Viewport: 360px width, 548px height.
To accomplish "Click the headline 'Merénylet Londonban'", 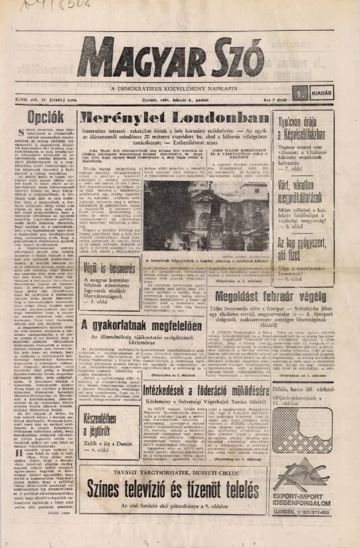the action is click(x=173, y=119).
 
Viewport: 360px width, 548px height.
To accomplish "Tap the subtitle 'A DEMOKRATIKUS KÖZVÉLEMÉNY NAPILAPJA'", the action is click(x=180, y=85).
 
